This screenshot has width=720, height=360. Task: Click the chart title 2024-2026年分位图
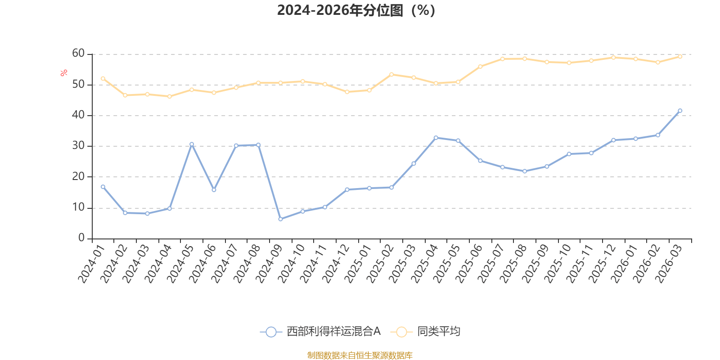(355, 10)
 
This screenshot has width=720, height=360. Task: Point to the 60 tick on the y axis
(78, 54)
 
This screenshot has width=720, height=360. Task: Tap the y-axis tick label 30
(78, 146)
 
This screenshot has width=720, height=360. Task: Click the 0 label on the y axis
(81, 238)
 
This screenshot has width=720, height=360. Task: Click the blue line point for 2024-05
(192, 144)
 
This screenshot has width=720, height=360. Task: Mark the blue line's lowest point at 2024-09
(280, 219)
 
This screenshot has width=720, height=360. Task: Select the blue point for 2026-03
(680, 111)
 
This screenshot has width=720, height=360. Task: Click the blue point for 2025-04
(436, 138)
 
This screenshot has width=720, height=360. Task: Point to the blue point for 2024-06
(214, 190)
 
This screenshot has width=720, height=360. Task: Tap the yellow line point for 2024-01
(103, 78)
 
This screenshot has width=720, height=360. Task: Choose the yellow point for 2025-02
(391, 74)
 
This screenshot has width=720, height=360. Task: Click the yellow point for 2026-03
(680, 57)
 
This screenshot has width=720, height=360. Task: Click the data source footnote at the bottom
(360, 355)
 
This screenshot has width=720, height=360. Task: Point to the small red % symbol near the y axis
(64, 73)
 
